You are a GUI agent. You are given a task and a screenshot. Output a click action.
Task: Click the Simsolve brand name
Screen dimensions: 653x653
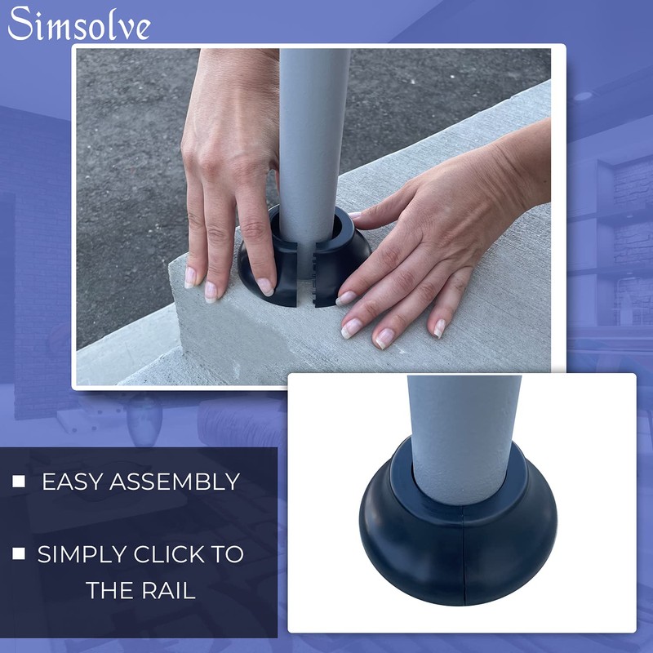coord(79,24)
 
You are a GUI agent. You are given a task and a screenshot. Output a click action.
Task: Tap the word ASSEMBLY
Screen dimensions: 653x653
coord(178,482)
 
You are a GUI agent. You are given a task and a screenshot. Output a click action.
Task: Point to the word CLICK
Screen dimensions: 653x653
coord(170,554)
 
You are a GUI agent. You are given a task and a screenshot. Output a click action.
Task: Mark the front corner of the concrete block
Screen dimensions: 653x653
coord(175,269)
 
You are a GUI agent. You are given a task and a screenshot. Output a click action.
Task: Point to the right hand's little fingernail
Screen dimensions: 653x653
coord(439,328)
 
